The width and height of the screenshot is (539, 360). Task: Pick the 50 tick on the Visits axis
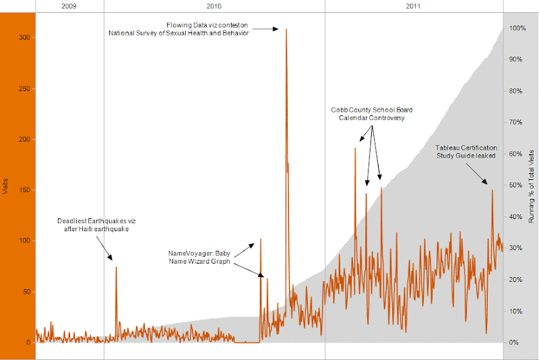tap(26, 292)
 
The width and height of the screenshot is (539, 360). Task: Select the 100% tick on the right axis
tap(517, 28)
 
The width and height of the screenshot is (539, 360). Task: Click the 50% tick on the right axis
tap(516, 185)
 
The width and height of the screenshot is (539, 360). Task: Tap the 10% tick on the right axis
tap(516, 311)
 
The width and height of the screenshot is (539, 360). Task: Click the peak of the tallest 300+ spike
tap(286, 30)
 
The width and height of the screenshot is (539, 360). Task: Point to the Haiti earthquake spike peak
tap(116, 268)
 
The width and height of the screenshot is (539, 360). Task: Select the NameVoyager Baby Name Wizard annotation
tap(199, 257)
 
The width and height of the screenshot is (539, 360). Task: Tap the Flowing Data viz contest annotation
tap(179, 30)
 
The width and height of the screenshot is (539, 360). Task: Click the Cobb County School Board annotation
tap(371, 113)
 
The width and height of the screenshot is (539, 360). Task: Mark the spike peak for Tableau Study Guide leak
tap(493, 191)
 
